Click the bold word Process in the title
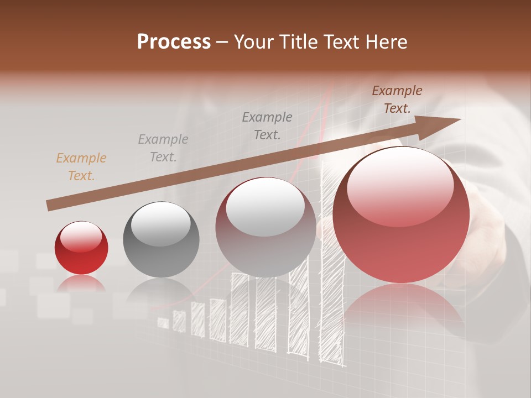(174, 42)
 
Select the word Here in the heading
(385, 42)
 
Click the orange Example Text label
(81, 166)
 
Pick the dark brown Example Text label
(397, 99)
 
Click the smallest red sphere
(81, 248)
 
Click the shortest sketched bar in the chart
(163, 322)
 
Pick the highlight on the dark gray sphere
(161, 223)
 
